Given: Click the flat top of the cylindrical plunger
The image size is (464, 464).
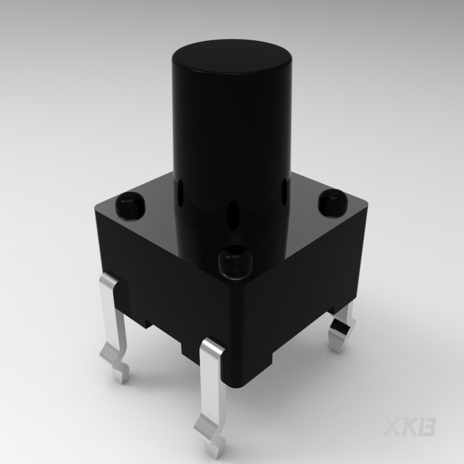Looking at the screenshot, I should click(x=231, y=59).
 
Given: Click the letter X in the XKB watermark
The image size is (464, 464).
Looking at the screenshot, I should click(x=395, y=427).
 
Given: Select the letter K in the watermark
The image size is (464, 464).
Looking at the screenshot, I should click(x=411, y=427).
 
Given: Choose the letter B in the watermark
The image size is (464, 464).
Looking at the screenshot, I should click(x=427, y=427).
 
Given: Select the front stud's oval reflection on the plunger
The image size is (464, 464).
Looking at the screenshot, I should click(x=234, y=213).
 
